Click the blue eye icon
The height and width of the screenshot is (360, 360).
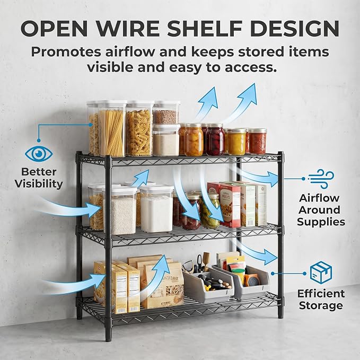coord(39,154)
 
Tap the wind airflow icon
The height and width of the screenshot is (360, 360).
coord(321,178)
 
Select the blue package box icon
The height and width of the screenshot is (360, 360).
coord(321,273)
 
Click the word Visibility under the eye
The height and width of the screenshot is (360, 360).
coord(39,184)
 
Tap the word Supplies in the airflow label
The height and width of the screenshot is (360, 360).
coord(321,222)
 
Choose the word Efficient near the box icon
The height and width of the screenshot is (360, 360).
coord(321,294)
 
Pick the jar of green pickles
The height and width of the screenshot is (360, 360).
coord(209,211)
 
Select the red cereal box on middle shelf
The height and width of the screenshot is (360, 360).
coord(230,206)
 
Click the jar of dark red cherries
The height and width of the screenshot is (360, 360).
coord(215,139)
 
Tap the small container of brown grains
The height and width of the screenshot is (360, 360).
coord(166,113)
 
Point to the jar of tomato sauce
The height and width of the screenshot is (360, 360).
coord(258,141)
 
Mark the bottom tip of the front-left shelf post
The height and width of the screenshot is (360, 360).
coord(109,341)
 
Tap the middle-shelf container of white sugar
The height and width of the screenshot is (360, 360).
coord(156,208)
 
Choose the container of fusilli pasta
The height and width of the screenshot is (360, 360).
coord(139,128)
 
